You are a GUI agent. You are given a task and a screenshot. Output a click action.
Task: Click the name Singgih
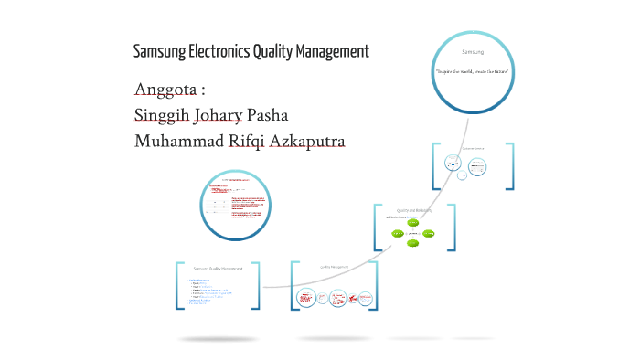tap(162, 116)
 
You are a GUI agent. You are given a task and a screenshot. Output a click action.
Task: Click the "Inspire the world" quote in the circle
tap(473, 71)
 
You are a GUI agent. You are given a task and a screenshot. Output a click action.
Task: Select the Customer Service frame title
tap(472, 147)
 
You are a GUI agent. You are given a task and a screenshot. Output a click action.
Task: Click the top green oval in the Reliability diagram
tap(413, 223)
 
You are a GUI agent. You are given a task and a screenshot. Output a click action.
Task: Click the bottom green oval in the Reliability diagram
tap(413, 244)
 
